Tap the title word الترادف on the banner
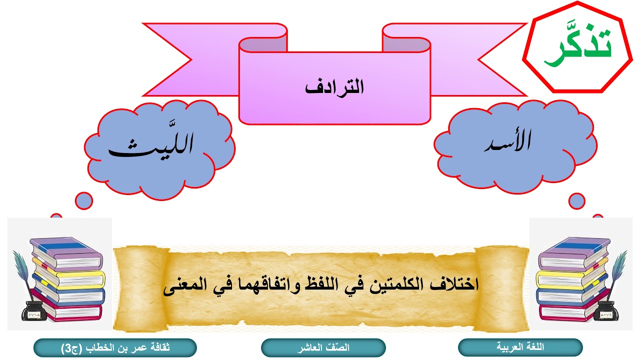tap(334, 88)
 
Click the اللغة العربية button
tap(520, 347)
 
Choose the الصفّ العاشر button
tap(323, 347)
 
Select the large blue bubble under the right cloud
tap(577, 201)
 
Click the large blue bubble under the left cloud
tap(85, 201)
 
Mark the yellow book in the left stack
tap(70, 280)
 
